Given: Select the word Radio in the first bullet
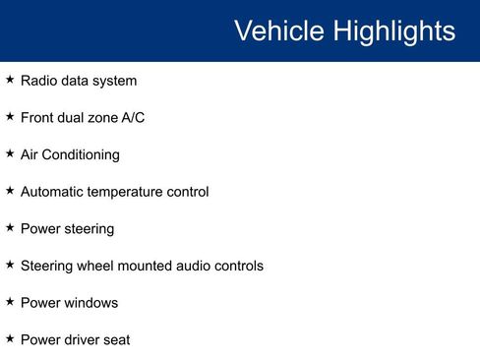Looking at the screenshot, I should click(x=39, y=81).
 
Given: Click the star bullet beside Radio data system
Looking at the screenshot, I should click(x=10, y=79).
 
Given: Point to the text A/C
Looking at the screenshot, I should click(x=133, y=117).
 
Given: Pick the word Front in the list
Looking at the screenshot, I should click(x=38, y=117).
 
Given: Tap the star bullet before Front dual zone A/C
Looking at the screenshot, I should click(x=10, y=116).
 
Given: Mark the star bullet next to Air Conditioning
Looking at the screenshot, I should click(x=10, y=153).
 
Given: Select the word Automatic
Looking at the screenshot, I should click(x=53, y=192).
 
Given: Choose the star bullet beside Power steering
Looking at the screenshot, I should click(x=10, y=227).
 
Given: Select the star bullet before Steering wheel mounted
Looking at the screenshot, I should click(x=10, y=265).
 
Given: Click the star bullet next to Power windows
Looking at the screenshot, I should click(x=10, y=302).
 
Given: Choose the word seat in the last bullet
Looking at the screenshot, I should click(x=117, y=340).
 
